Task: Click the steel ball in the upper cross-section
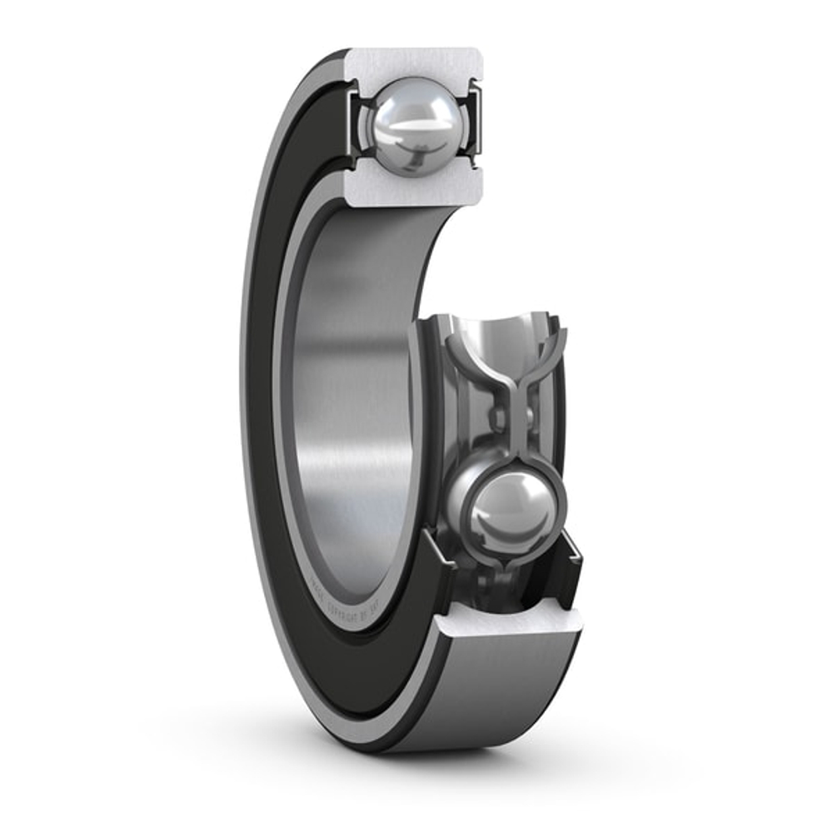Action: coord(413,125)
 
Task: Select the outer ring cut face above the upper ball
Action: coord(414,63)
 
